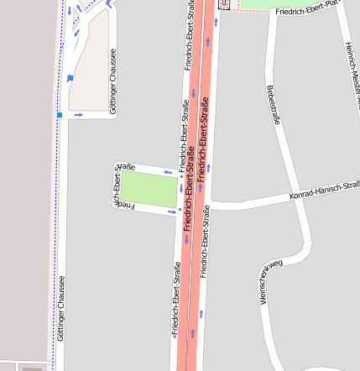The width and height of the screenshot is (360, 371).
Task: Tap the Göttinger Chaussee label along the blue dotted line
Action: click(60, 309)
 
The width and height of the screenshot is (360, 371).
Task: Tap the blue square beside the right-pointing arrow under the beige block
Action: click(60, 114)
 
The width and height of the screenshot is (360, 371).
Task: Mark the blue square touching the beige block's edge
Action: click(70, 78)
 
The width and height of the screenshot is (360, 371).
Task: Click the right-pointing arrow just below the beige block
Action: click(79, 114)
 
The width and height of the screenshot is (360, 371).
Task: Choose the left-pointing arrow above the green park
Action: click(168, 172)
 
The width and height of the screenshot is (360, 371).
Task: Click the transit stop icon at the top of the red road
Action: click(223, 4)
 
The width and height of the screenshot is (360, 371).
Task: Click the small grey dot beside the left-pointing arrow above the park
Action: click(181, 176)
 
